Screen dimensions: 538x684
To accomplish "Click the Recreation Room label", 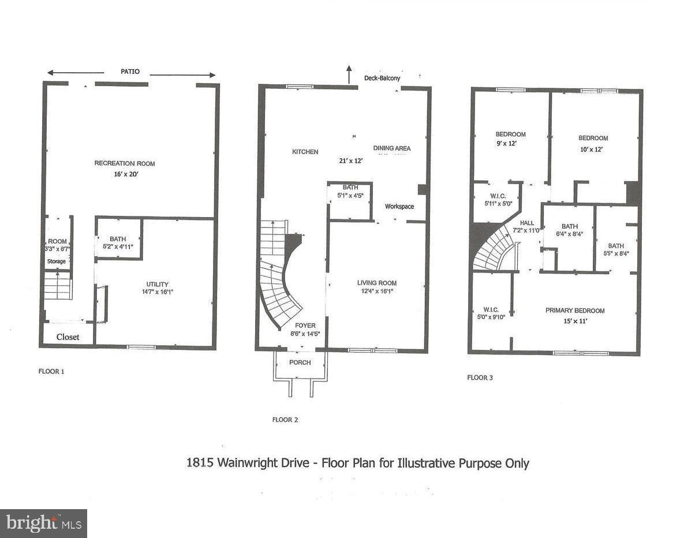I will tap(125, 163).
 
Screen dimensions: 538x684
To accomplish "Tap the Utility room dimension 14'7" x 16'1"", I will tap(157, 292).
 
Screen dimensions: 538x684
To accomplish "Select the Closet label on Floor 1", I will tap(68, 337).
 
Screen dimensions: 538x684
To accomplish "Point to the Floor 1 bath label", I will tap(118, 238).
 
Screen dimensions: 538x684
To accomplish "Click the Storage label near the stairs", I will tap(57, 261).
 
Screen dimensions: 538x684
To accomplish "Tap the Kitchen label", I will tap(305, 152).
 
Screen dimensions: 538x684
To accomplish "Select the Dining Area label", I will tap(392, 148).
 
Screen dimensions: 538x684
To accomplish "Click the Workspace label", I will tap(399, 206).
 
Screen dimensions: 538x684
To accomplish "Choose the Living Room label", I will tap(376, 283).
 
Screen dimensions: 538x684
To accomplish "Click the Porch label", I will tap(300, 363).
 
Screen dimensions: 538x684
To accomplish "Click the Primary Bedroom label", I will tap(575, 311).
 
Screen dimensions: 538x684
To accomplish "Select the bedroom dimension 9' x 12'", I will tap(511, 143).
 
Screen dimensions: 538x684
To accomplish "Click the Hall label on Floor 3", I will tap(526, 223).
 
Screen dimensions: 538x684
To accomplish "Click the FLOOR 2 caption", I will tap(285, 420).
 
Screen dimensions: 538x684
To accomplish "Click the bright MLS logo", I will tap(43, 524).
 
